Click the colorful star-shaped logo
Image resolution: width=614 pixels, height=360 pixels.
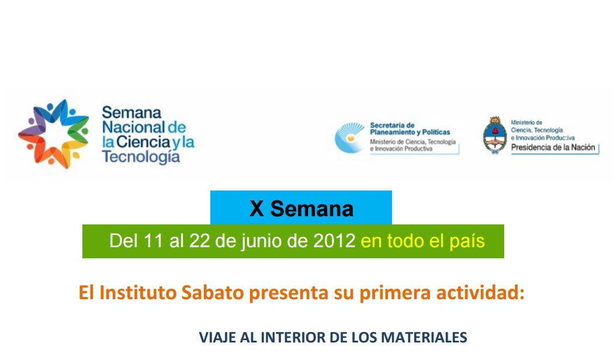point(53,134)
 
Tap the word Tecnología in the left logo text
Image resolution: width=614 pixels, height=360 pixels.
point(140,157)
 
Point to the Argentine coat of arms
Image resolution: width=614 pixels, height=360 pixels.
point(494,135)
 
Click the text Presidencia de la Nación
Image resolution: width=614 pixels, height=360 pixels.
point(553,148)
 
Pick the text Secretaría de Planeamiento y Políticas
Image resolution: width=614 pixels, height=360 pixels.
point(410,129)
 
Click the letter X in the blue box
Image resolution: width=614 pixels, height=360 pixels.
point(256,209)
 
